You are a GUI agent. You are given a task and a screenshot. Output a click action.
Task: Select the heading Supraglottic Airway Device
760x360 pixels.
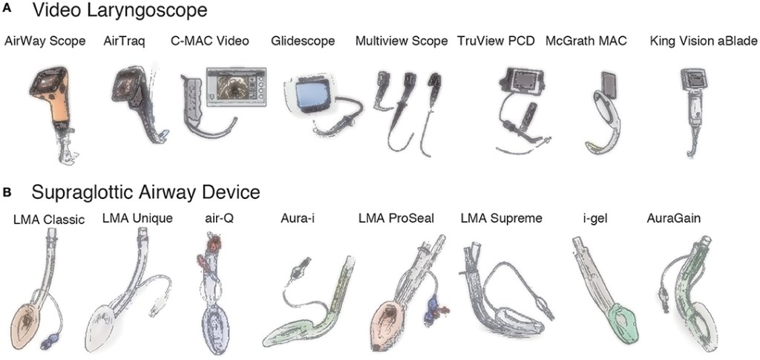tap(145, 193)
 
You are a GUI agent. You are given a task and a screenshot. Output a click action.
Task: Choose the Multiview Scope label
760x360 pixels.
tap(402, 41)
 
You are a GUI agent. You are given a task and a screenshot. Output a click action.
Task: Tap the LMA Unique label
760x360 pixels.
tap(137, 218)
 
